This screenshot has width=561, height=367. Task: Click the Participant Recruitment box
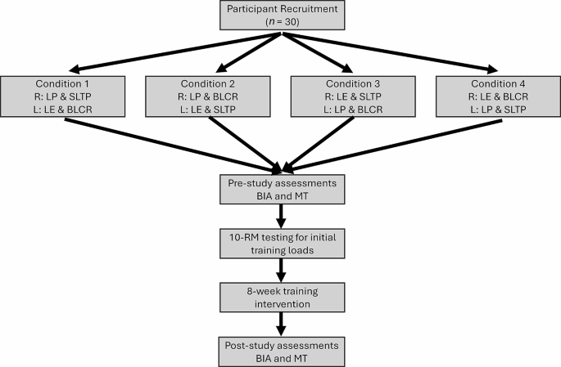pyautogui.click(x=280, y=16)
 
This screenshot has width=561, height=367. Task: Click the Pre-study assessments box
pyautogui.click(x=280, y=190)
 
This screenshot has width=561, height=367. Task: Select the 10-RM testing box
pyautogui.click(x=280, y=243)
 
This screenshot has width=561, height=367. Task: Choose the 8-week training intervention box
pyautogui.click(x=280, y=297)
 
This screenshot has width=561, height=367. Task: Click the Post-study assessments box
pyautogui.click(x=280, y=349)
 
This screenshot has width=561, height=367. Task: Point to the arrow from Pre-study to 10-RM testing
pyautogui.click(x=280, y=215)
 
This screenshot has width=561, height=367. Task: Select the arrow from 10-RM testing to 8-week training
pyautogui.click(x=280, y=269)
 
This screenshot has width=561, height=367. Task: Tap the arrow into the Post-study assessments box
pyautogui.click(x=280, y=322)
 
